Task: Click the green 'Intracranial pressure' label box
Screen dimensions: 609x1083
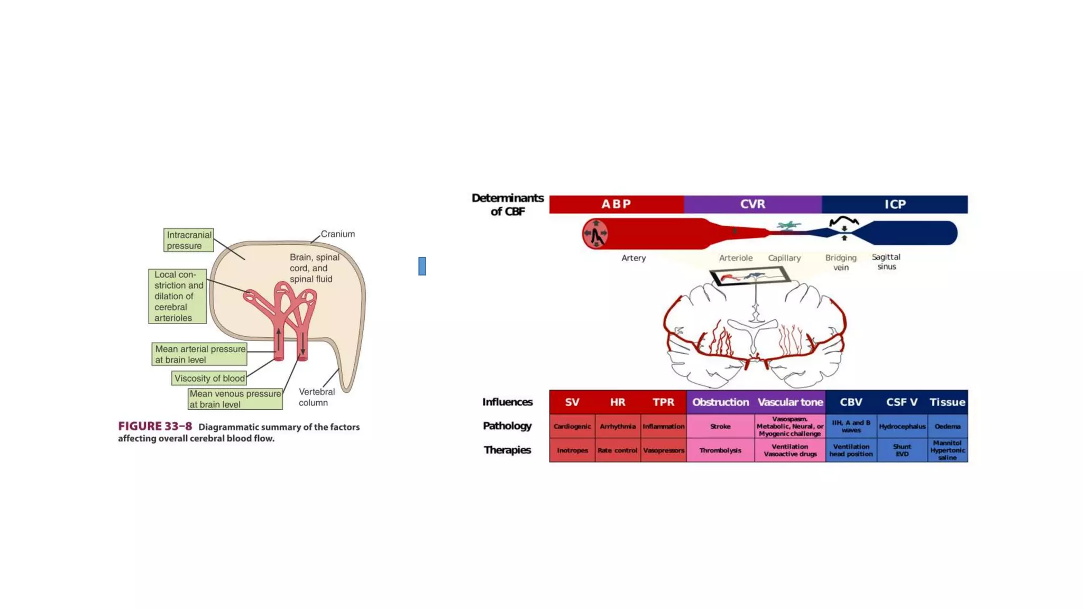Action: tap(189, 240)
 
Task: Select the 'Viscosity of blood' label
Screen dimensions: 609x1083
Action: tap(209, 379)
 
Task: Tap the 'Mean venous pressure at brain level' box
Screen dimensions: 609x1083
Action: tap(235, 399)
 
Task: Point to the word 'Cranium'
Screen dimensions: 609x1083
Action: tap(338, 234)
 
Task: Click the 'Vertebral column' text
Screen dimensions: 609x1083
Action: tap(316, 397)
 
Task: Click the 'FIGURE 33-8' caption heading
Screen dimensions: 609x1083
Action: tap(155, 427)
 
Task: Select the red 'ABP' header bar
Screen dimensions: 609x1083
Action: tap(616, 204)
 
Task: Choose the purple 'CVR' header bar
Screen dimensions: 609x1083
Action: tap(752, 204)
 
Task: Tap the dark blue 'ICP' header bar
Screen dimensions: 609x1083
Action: tap(895, 204)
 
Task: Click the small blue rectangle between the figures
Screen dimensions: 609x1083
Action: tap(422, 266)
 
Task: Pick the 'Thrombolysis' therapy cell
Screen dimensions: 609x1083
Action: tap(720, 450)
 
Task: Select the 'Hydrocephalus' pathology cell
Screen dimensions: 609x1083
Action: tap(902, 427)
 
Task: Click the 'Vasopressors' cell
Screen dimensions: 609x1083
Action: tap(664, 450)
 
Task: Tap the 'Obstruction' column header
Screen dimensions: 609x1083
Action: tap(720, 402)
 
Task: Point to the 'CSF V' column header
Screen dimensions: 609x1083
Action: tap(902, 402)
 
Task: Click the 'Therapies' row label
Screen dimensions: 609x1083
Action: tap(507, 450)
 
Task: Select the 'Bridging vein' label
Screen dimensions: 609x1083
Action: tap(841, 262)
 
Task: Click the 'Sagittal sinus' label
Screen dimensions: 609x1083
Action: tap(886, 262)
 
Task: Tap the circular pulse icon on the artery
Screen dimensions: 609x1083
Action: tap(595, 234)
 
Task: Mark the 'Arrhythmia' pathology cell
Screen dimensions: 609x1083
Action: tap(618, 427)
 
